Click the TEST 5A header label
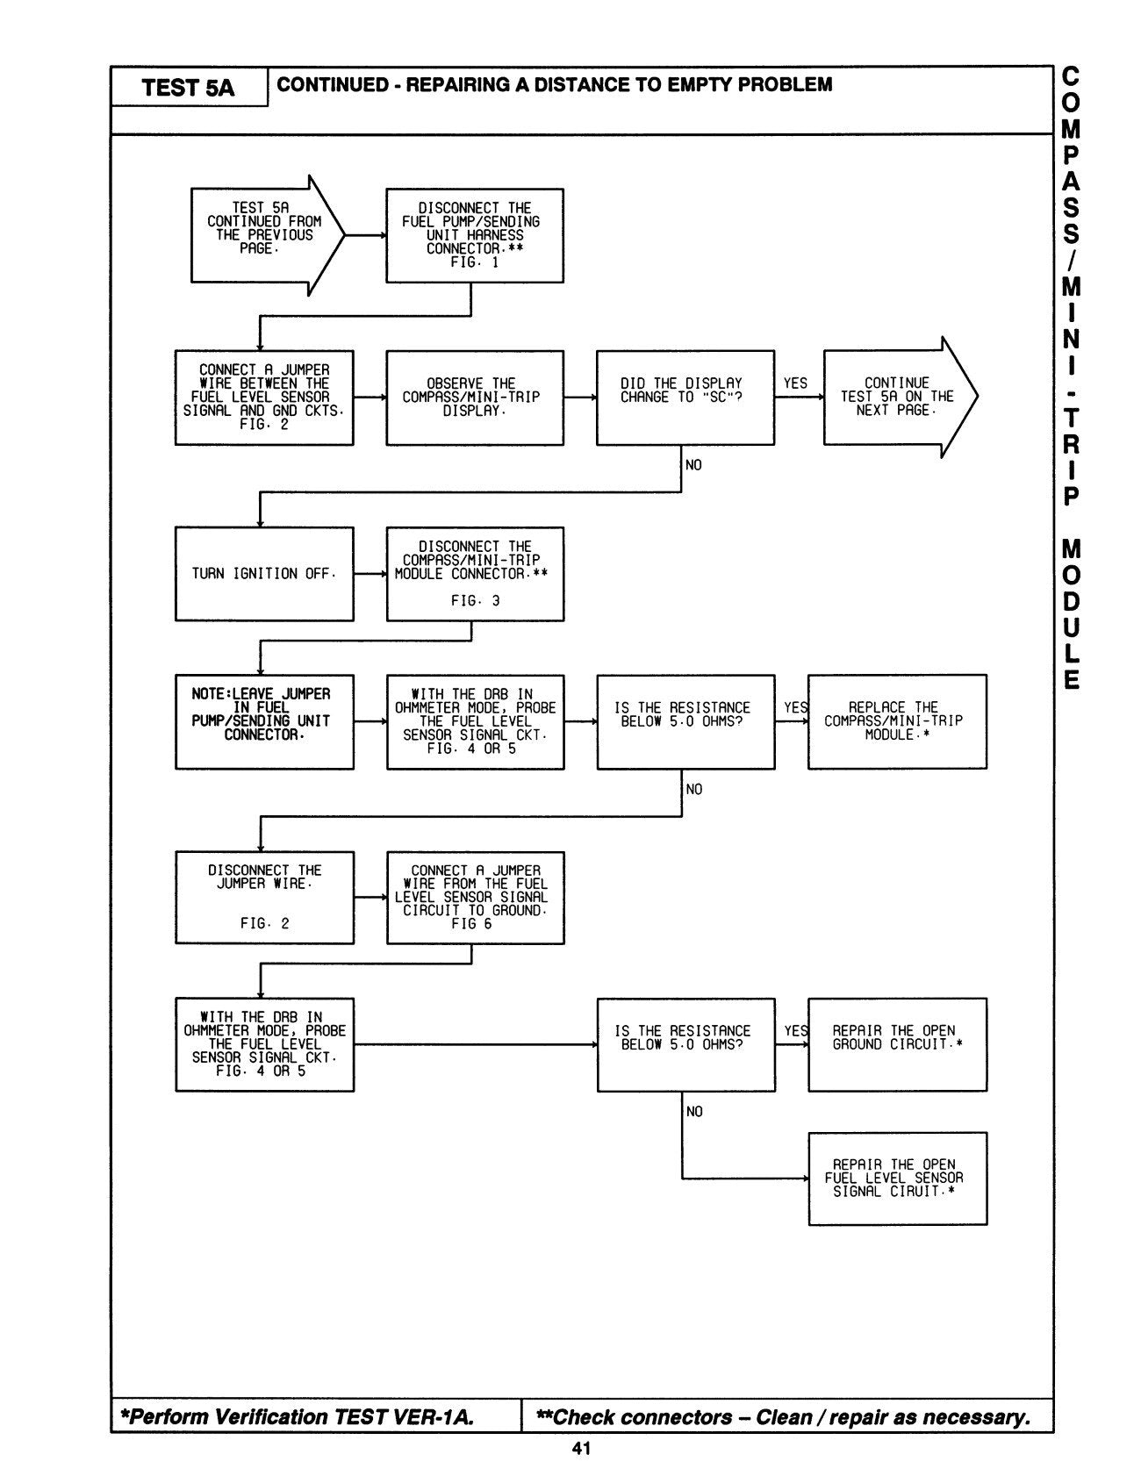click(189, 88)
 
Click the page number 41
click(581, 1449)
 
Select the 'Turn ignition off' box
click(264, 574)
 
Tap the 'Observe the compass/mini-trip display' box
click(475, 398)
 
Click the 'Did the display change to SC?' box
click(685, 398)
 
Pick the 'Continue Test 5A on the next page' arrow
click(895, 398)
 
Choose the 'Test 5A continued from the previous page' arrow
click(264, 235)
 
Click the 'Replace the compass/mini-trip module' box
click(896, 721)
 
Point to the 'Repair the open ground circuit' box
click(896, 1044)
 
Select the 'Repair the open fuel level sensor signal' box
click(897, 1179)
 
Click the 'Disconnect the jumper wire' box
click(264, 897)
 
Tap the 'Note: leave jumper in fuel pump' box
click(264, 721)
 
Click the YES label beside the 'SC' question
click(795, 383)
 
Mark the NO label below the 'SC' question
click(693, 465)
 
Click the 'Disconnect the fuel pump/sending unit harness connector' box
click(475, 235)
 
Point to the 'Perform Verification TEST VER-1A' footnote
click(298, 1417)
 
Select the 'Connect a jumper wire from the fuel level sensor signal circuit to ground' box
click(475, 897)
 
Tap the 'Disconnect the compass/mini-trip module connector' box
click(475, 574)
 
